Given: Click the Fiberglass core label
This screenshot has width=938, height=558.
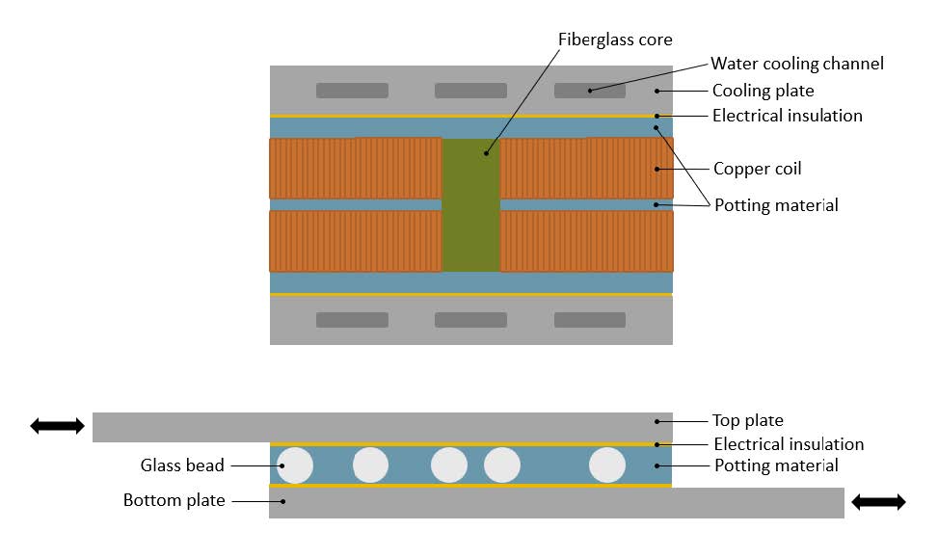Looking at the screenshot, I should (x=615, y=40).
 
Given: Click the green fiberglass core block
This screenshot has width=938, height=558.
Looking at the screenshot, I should (x=471, y=204).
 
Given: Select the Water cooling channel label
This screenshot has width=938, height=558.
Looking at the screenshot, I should (x=796, y=64).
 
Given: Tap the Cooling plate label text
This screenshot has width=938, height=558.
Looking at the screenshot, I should (x=763, y=91).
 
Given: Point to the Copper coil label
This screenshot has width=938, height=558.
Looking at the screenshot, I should (x=757, y=169).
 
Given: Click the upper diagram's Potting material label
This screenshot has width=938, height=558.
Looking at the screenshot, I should (x=775, y=204).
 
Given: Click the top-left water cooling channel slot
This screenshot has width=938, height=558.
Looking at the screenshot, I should (x=353, y=91).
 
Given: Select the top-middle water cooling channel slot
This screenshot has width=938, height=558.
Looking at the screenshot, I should (x=470, y=91).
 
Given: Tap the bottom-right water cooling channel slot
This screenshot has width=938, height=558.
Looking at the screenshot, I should (x=590, y=320).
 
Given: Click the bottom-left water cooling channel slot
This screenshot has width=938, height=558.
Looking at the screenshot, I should (x=353, y=320).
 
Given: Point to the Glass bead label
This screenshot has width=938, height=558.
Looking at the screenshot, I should (x=182, y=465).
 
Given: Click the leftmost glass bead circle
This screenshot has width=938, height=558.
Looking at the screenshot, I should (x=296, y=465).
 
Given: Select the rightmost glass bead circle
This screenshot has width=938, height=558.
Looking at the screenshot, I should (x=607, y=465).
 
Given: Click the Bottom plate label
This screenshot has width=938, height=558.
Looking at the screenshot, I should (x=174, y=500).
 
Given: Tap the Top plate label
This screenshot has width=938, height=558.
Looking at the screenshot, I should (x=747, y=420).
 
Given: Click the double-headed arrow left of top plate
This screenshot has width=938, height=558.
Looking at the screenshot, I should (x=57, y=426).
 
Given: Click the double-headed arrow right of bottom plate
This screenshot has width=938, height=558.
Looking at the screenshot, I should (x=878, y=501).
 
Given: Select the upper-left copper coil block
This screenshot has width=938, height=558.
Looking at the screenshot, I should (x=355, y=169).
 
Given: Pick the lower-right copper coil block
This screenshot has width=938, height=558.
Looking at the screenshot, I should (x=586, y=241).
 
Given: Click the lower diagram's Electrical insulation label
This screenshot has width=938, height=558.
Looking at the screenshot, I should (x=789, y=444).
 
